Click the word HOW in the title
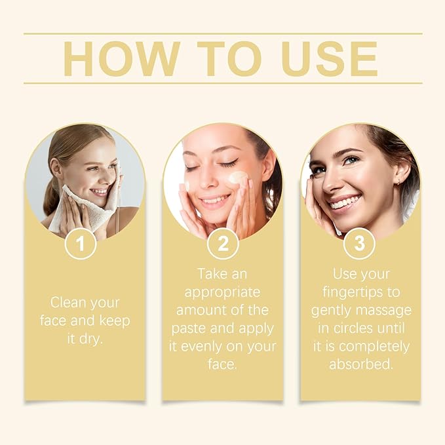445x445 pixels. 116,58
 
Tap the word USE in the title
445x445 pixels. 330,58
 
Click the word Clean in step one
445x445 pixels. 68,303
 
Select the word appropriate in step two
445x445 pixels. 223,291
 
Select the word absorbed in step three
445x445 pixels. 361,364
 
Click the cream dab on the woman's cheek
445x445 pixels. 237,178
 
